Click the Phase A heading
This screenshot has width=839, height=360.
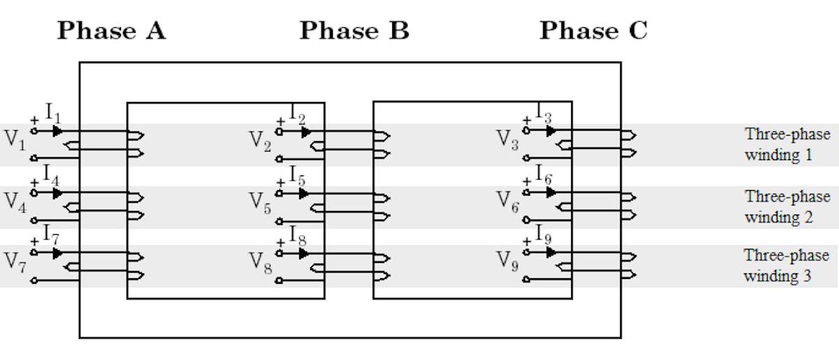[x=111, y=31]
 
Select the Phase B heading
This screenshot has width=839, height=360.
[x=354, y=31]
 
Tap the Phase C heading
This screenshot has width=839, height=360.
[x=594, y=31]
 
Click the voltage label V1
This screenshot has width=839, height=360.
[x=15, y=138]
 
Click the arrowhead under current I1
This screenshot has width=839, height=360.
[x=57, y=131]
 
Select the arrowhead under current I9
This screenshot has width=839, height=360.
[x=551, y=252]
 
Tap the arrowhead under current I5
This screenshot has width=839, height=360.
[x=304, y=193]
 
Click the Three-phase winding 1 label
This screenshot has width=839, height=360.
[x=787, y=144]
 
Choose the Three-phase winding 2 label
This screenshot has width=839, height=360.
[x=787, y=206]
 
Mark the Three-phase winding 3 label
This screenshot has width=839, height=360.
[x=787, y=265]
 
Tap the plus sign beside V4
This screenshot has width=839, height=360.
[x=34, y=182]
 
